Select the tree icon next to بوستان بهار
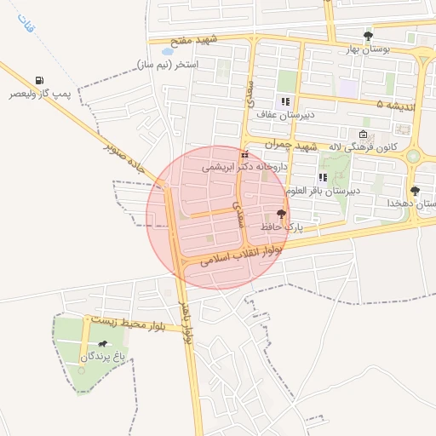click(x=368, y=36)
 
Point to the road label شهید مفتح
click(x=194, y=40)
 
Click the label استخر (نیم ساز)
click(x=168, y=65)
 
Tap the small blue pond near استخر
click(x=167, y=52)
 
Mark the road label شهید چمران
click(x=290, y=146)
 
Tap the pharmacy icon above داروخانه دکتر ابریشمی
click(x=245, y=155)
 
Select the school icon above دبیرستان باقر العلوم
click(x=323, y=177)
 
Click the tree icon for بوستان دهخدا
click(x=415, y=191)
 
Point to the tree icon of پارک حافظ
click(x=282, y=214)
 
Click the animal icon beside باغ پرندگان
click(x=103, y=344)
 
